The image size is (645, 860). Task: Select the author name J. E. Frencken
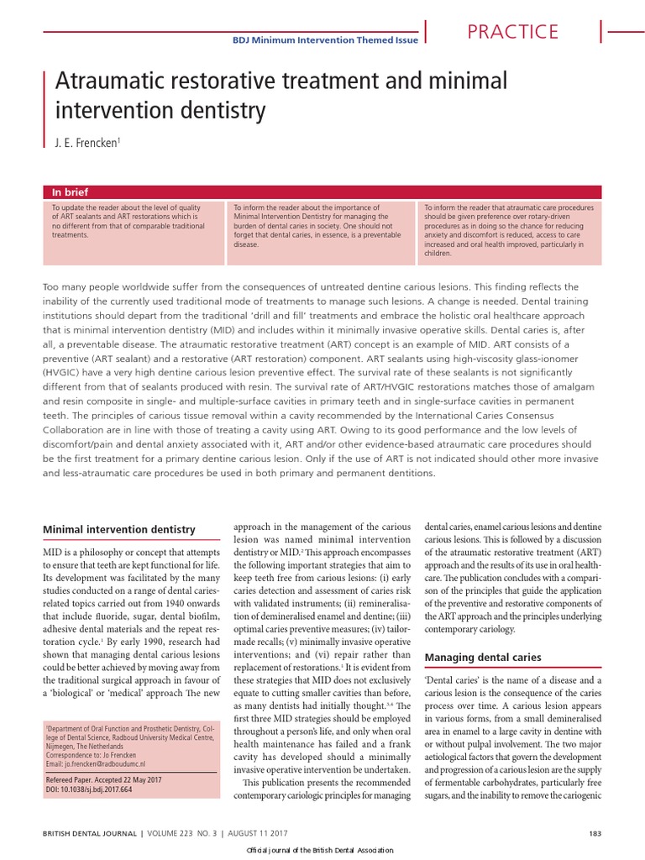click(87, 144)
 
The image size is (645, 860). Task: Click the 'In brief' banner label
click(70, 191)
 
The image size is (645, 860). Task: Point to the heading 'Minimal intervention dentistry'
click(118, 529)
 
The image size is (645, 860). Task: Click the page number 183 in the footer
click(595, 832)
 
